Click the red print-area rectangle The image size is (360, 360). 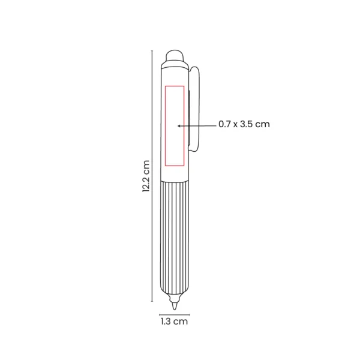[174, 125]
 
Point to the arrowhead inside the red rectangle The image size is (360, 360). [178, 125]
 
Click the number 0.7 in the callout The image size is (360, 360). [224, 125]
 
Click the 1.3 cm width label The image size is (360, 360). [174, 322]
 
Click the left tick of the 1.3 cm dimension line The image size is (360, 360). [160, 313]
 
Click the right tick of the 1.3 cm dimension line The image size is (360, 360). [189, 313]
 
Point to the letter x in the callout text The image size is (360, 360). [235, 125]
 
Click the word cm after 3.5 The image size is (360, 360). [263, 125]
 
